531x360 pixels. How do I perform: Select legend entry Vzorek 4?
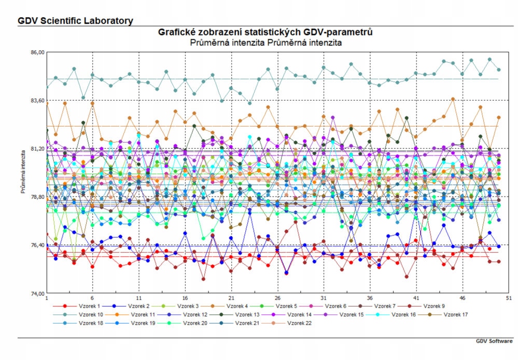click(x=236, y=307)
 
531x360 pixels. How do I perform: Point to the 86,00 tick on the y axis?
click(x=38, y=52)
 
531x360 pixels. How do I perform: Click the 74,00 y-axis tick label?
click(x=38, y=294)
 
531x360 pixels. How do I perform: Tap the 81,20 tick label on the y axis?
click(x=38, y=149)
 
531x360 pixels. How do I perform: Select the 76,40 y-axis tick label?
click(x=38, y=245)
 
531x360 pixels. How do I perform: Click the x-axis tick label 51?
click(x=509, y=299)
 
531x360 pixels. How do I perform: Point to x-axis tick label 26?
click(x=277, y=299)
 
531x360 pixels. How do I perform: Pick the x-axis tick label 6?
click(x=92, y=299)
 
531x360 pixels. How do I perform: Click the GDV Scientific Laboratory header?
click(x=75, y=21)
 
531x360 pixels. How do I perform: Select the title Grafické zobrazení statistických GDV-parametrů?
click(x=265, y=33)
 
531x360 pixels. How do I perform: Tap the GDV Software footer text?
click(x=494, y=341)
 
